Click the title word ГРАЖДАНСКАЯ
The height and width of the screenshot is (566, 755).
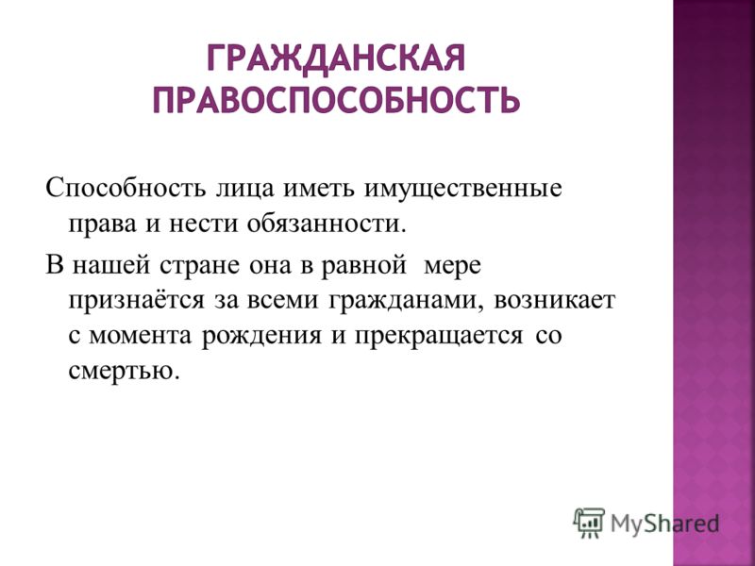coord(336,58)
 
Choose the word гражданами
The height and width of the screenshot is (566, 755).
coord(406,302)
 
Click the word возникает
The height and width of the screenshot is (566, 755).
coord(554,301)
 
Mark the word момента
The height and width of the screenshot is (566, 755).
coord(141,336)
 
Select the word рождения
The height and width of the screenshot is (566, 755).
coord(260,337)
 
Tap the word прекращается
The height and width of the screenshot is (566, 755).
coord(439,337)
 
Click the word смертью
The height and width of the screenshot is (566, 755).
coord(125,371)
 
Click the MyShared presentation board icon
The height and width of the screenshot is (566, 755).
coord(589,524)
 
